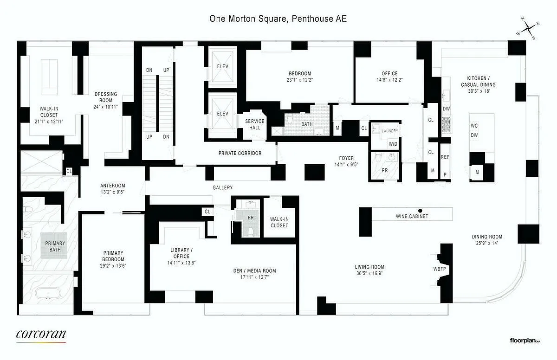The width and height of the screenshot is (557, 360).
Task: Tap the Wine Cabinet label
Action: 412,217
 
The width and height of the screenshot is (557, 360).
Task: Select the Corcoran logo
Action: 41,334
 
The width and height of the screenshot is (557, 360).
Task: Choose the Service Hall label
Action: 255,124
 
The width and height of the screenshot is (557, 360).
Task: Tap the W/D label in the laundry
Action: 393,143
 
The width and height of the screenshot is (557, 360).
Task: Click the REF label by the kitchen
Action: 445,157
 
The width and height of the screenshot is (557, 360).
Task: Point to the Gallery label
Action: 222,187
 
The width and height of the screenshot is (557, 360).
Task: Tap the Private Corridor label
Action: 240,153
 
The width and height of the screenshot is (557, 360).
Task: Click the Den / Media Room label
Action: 254,271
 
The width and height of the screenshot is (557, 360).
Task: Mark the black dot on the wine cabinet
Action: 420,210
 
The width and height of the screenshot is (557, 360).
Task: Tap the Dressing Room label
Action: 106,97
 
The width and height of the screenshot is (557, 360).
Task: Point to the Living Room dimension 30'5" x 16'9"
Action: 369,273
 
